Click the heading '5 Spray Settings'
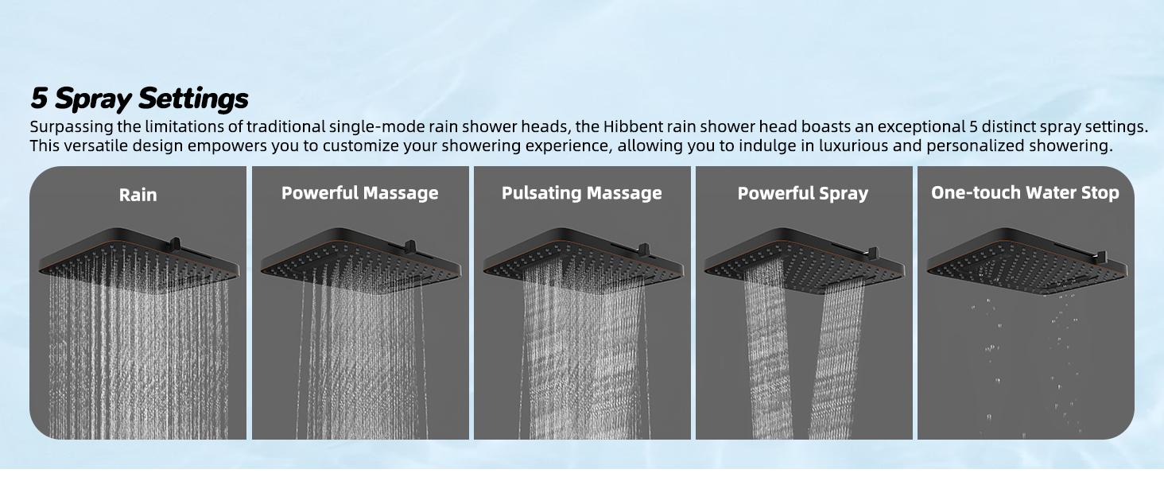click(139, 99)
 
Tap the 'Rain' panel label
click(138, 195)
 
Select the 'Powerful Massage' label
click(359, 193)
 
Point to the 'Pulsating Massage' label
click(581, 193)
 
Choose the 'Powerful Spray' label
click(802, 193)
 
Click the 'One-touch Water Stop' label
click(1025, 192)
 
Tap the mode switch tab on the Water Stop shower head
click(1102, 256)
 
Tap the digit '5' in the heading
click(39, 99)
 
